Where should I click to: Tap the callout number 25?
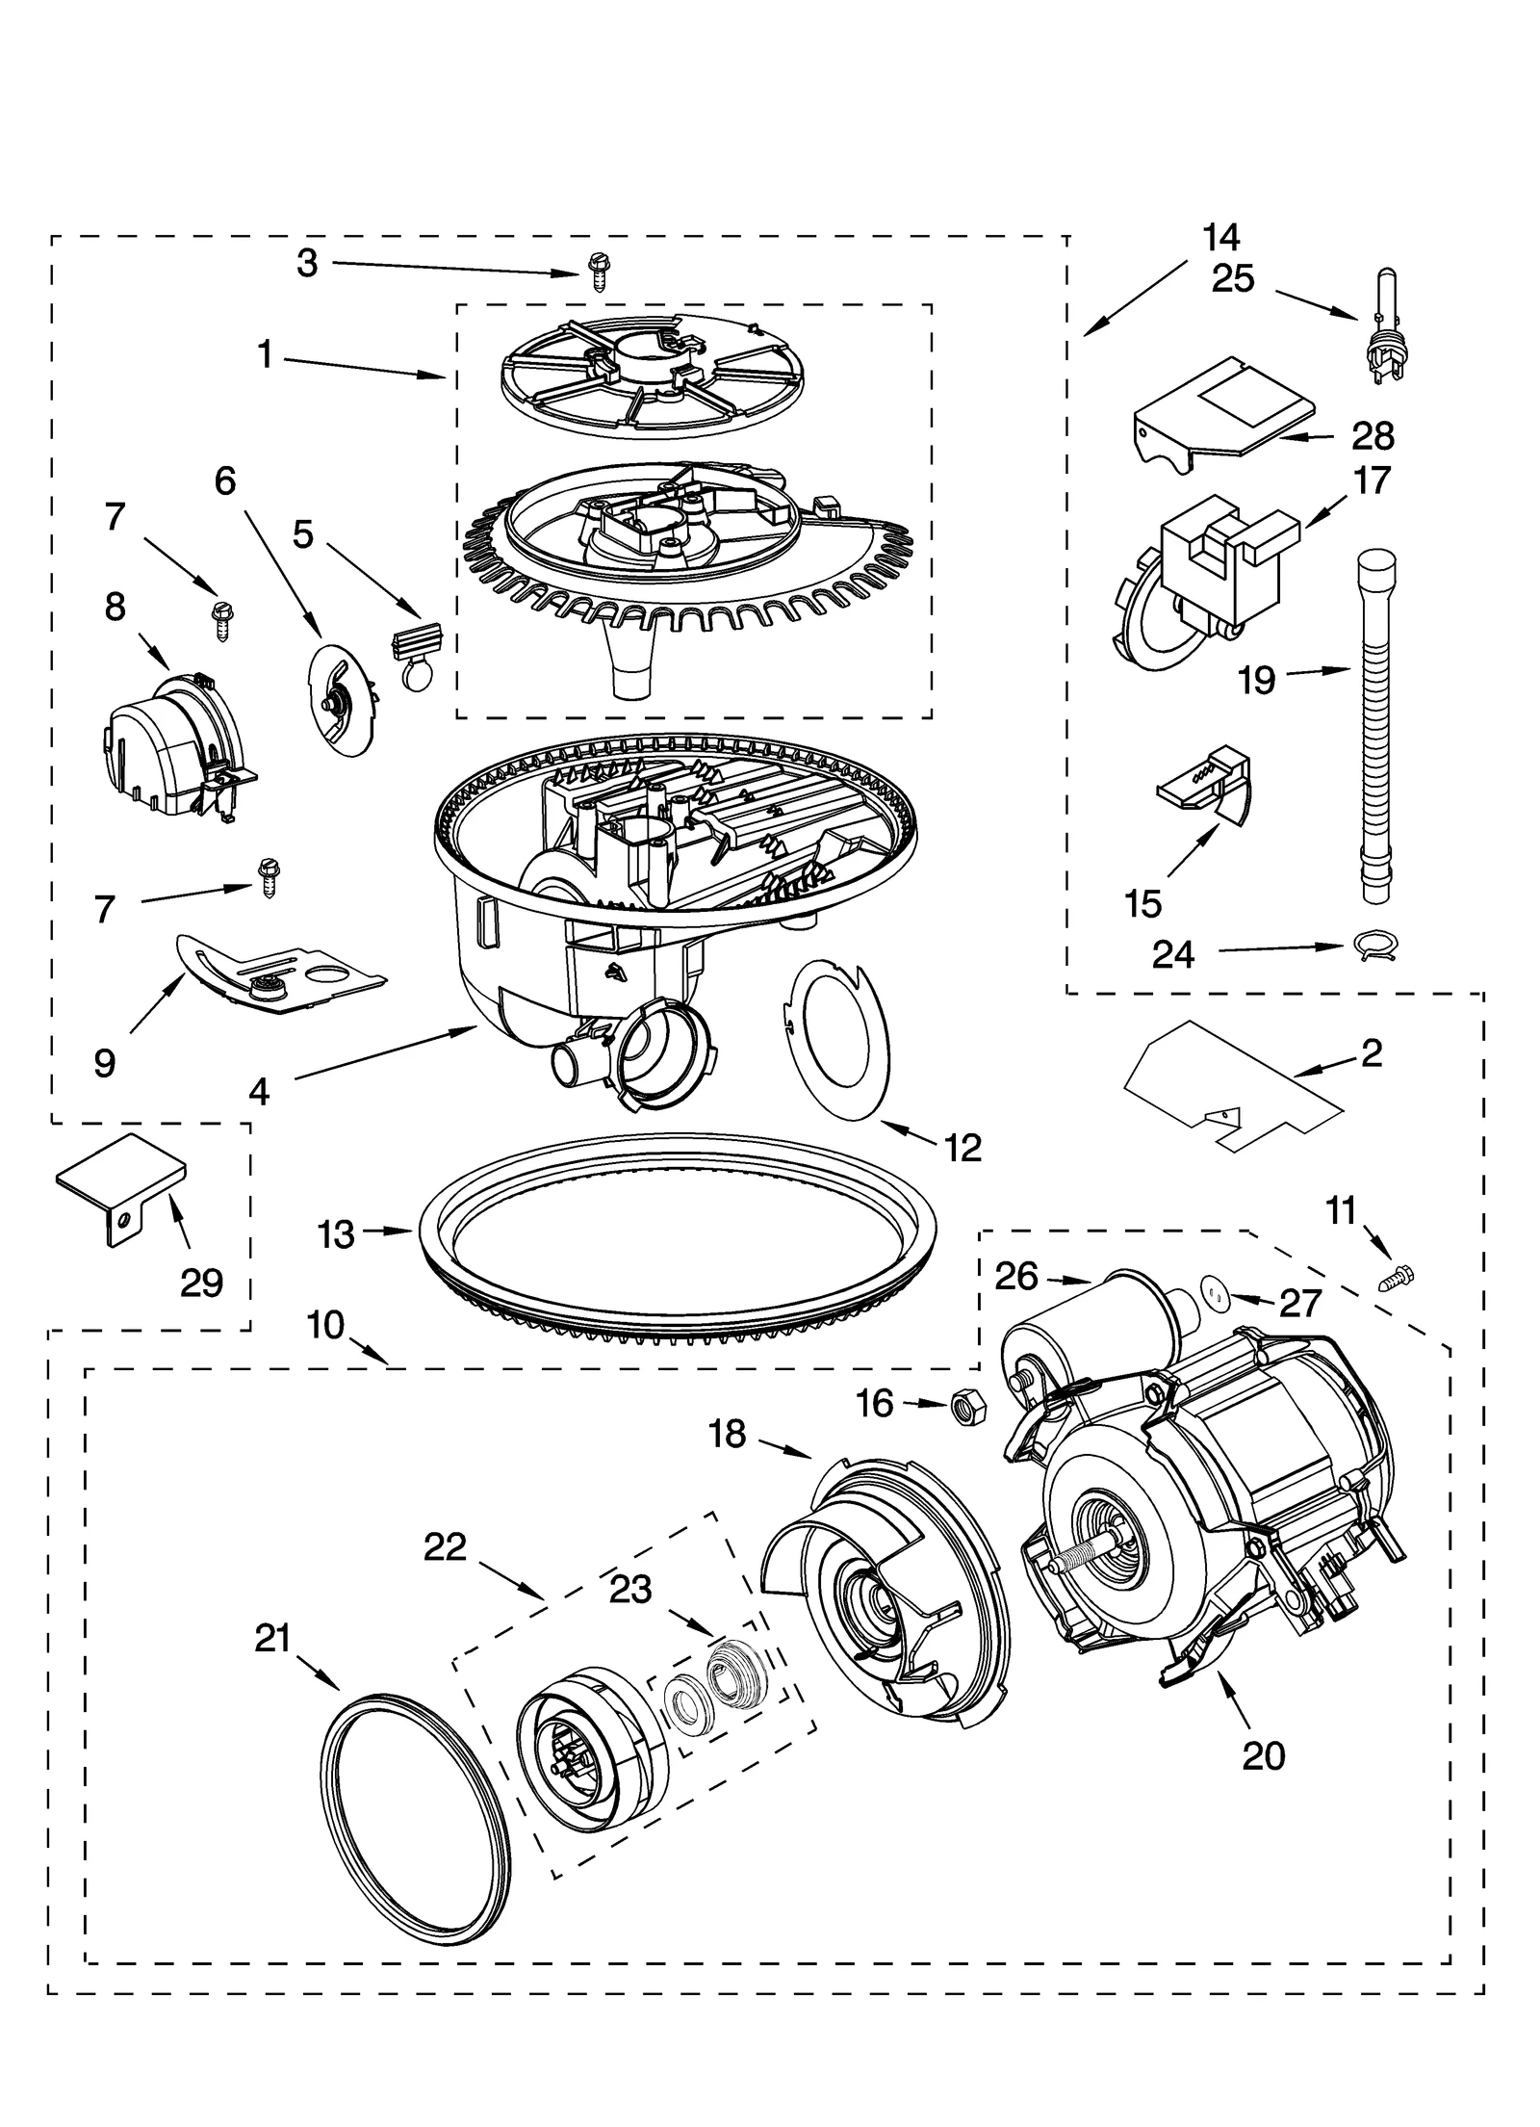tap(1233, 279)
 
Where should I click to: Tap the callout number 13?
tap(336, 1234)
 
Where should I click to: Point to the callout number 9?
tap(105, 1062)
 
